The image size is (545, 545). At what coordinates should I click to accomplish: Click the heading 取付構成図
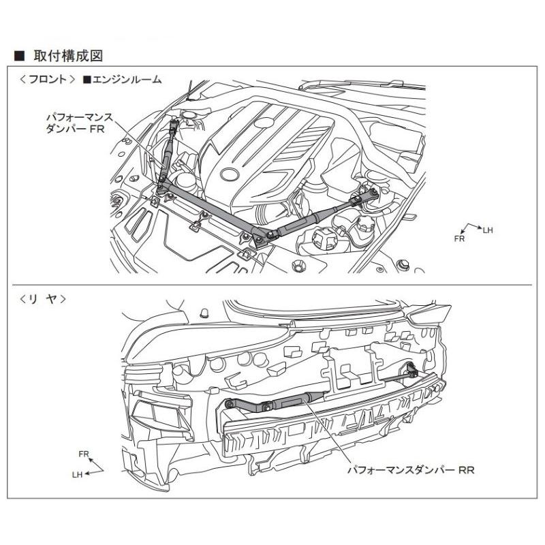68,56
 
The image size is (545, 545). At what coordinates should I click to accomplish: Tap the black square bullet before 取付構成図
20,57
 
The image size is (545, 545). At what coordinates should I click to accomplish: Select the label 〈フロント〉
48,79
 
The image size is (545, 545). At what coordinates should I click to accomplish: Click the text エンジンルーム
123,80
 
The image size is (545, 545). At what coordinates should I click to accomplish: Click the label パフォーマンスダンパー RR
411,470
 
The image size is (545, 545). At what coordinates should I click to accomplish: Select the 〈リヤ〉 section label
43,299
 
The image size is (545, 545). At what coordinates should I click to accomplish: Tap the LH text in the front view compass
488,230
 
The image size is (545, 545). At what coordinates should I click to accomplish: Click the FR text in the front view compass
459,239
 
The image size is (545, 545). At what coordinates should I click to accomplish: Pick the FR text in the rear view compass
84,454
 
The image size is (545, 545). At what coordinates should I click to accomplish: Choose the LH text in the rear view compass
77,475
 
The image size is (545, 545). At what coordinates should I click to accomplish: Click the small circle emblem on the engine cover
265,123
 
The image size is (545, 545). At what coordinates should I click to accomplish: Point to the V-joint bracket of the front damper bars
261,238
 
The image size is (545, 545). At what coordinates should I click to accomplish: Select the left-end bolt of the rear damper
229,403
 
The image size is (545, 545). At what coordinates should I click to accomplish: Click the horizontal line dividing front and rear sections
272,285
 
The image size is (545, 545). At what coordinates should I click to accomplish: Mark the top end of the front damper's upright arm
173,123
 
